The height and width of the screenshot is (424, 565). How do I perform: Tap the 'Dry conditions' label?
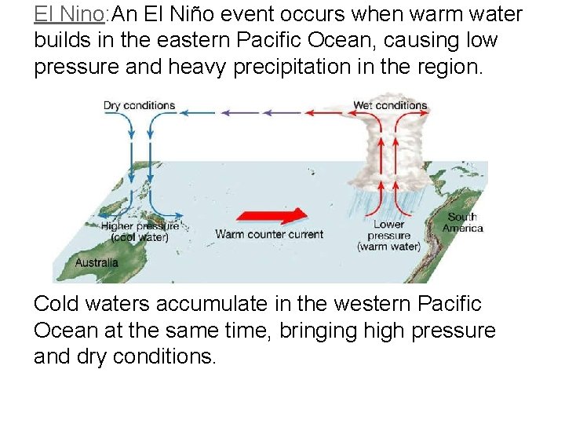click(x=139, y=106)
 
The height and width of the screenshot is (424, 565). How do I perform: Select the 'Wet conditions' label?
click(x=390, y=106)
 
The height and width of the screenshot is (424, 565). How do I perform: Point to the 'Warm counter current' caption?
click(x=269, y=234)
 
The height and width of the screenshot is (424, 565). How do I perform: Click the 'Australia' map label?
click(x=97, y=263)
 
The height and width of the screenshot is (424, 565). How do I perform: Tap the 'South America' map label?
click(x=462, y=222)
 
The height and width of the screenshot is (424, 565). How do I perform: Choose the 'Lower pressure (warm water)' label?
click(x=388, y=236)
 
